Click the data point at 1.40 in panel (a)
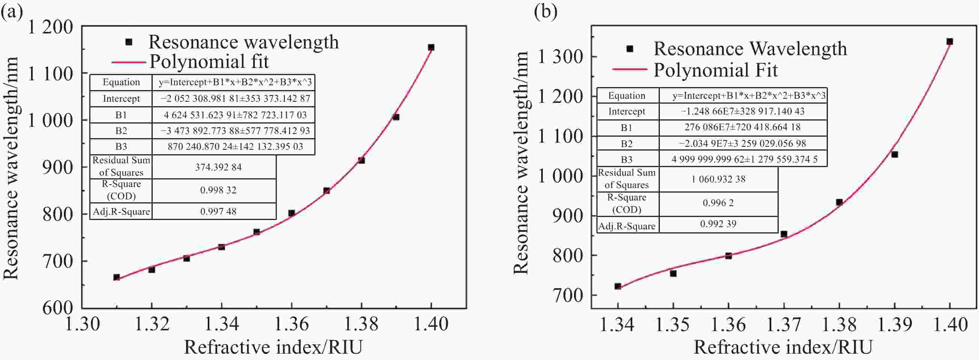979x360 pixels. pos(431,48)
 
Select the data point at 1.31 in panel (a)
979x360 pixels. pos(117,277)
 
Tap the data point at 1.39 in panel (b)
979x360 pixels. pos(895,154)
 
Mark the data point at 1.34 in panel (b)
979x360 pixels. pos(618,286)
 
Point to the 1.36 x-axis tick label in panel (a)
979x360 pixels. pos(291,324)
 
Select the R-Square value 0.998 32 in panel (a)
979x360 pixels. pos(218,190)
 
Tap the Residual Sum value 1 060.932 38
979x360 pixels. pos(718,179)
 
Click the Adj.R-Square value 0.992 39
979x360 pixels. pos(718,224)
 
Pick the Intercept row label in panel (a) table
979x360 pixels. pos(121,99)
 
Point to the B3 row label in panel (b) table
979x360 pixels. pos(627,159)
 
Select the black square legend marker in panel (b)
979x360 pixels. pos(630,49)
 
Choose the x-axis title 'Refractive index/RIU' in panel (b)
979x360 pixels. pos(783,347)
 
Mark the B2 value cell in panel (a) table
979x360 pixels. pos(235,131)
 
